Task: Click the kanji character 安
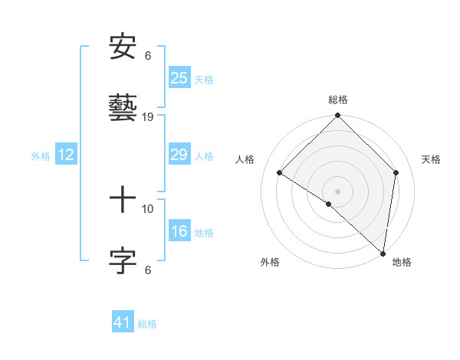pos(123,47)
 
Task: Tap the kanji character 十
pos(123,201)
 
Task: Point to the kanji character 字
pos(123,260)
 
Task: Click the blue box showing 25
pos(179,77)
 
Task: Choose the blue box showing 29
pos(179,155)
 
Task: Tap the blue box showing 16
pos(179,231)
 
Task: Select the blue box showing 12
pos(66,155)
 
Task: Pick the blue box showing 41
pos(123,322)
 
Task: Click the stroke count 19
pos(149,116)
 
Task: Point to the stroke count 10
pos(148,208)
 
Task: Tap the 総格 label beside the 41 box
pos(147,324)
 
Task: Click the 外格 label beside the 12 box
pos(41,156)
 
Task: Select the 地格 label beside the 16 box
pos(204,233)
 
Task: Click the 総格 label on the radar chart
pos(338,100)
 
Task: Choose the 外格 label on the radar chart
pos(270,262)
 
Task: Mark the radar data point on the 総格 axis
pos(337,116)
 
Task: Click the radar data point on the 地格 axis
pos(383,252)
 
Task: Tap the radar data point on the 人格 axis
pos(280,173)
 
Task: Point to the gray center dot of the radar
pos(337,191)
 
